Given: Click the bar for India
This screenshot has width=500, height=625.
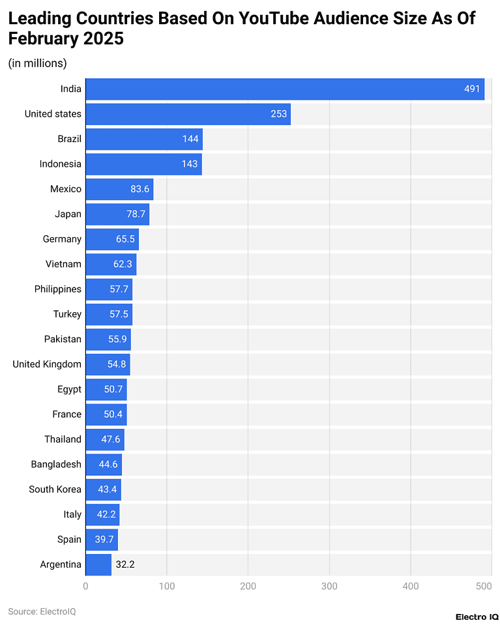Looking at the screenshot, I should [x=284, y=89].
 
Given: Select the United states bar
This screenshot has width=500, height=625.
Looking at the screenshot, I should [x=188, y=114].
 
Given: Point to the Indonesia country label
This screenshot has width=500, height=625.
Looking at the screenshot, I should [x=60, y=164].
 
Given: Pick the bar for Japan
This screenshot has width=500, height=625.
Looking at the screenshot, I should [x=117, y=214].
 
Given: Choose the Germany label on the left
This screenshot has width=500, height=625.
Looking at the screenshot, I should [x=62, y=239].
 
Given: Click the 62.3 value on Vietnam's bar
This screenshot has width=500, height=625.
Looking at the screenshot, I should [x=123, y=264].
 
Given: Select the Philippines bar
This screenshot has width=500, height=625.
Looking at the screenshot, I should [x=109, y=289].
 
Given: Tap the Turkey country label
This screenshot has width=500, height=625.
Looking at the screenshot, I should [x=67, y=314].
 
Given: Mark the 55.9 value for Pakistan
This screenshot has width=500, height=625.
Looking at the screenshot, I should [x=119, y=339].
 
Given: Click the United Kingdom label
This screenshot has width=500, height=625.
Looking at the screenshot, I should [x=47, y=364].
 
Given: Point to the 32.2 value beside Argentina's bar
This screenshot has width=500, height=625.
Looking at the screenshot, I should [x=125, y=564].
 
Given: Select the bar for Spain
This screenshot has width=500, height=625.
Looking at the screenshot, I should [x=102, y=539].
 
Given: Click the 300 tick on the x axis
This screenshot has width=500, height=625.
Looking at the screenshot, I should [x=329, y=586].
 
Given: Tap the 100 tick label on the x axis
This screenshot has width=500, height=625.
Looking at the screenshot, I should [x=167, y=586].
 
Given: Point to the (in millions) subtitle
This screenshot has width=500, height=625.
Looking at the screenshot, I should [x=37, y=63].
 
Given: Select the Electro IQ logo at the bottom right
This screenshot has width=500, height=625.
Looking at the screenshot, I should [x=477, y=616].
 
